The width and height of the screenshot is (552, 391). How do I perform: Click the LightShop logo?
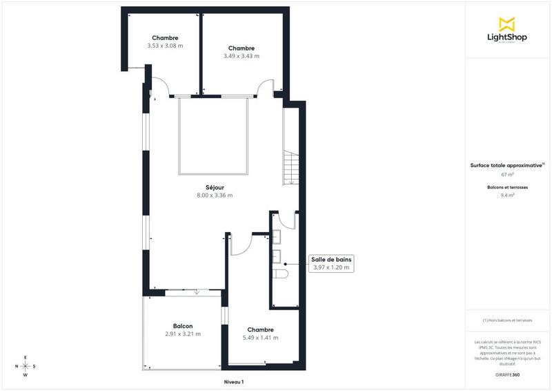(506, 30)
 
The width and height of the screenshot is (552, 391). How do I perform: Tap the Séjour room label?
(215, 187)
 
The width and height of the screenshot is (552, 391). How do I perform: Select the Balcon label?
(183, 326)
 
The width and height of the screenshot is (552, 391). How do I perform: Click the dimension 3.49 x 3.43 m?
(241, 56)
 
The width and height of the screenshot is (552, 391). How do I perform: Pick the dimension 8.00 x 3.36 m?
(215, 195)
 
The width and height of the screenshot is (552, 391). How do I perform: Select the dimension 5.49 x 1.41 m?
(261, 338)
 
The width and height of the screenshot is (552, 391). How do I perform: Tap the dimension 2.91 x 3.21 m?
(183, 334)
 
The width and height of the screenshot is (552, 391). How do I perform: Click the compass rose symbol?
(26, 366)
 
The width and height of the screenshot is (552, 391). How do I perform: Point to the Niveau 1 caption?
(234, 381)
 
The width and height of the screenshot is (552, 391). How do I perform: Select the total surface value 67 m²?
(507, 175)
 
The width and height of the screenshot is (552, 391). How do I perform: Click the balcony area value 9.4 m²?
(507, 195)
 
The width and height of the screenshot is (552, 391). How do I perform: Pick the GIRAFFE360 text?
(507, 374)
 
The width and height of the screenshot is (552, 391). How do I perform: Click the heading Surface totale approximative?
(507, 166)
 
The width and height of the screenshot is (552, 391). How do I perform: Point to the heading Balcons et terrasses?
(507, 187)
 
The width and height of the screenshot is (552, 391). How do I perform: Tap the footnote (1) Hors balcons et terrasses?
(507, 321)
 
